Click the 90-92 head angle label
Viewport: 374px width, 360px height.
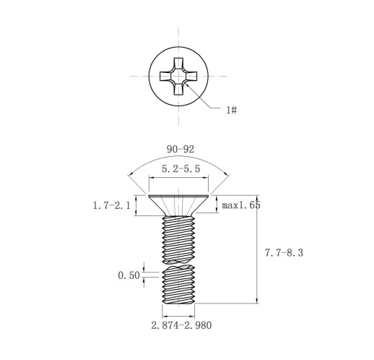[x=181, y=150]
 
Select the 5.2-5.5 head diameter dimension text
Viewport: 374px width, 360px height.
[x=181, y=168]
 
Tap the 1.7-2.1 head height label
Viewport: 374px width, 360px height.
[x=112, y=205]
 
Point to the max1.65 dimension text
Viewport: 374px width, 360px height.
[x=241, y=205]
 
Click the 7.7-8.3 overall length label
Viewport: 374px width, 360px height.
[x=284, y=253]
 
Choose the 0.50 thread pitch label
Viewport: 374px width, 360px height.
[x=129, y=275]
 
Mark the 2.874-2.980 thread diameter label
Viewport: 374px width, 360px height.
[x=181, y=325]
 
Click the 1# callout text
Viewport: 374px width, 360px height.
[x=232, y=110]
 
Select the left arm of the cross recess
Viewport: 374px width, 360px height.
[x=166, y=76]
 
